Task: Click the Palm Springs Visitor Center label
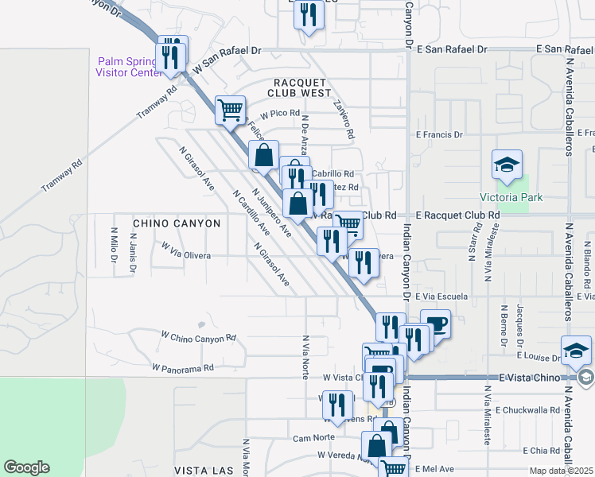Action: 127,66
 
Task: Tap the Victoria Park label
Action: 504,197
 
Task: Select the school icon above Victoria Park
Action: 506,165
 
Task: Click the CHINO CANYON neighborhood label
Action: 177,224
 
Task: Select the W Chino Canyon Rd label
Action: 198,337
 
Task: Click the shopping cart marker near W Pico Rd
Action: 230,110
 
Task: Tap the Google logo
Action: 26,467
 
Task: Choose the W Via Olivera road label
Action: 185,251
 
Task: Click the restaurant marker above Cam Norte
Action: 337,405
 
